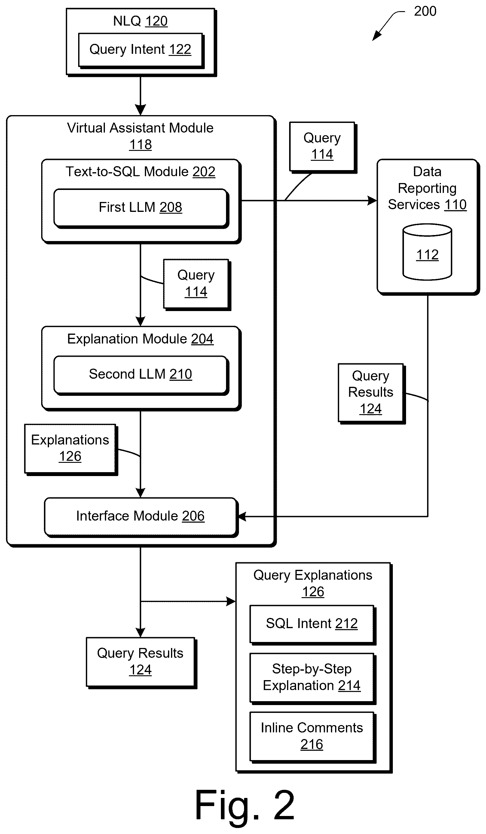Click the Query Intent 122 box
(141, 50)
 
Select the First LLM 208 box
(141, 208)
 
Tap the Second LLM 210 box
(141, 375)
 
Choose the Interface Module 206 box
(141, 517)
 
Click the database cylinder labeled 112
(427, 252)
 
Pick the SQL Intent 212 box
(313, 625)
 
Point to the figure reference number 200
(425, 11)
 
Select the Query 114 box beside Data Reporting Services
(323, 147)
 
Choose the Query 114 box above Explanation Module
(197, 285)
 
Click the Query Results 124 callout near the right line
(371, 393)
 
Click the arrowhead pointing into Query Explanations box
(231, 601)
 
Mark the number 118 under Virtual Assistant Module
(140, 145)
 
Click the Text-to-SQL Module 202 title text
(140, 172)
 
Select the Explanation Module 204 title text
(140, 339)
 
